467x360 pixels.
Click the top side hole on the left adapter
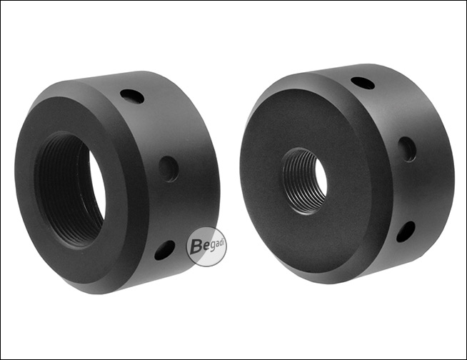132,96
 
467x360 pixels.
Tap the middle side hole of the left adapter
169,169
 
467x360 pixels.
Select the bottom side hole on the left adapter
165,250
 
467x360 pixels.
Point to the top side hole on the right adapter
363,83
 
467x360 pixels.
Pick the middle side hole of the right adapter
407,149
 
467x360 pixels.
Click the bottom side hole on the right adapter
406,231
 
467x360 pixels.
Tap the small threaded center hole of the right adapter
304,181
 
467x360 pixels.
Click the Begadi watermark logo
206,246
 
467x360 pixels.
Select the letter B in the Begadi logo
195,246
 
